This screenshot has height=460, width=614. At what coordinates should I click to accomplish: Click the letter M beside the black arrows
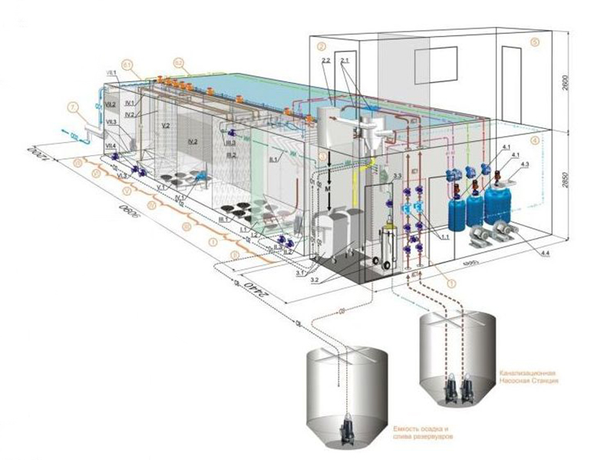click(327, 188)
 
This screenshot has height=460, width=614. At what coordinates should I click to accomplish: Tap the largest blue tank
click(503, 202)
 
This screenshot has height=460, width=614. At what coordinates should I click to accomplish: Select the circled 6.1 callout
click(128, 62)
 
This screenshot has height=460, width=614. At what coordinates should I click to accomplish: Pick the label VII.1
click(112, 73)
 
